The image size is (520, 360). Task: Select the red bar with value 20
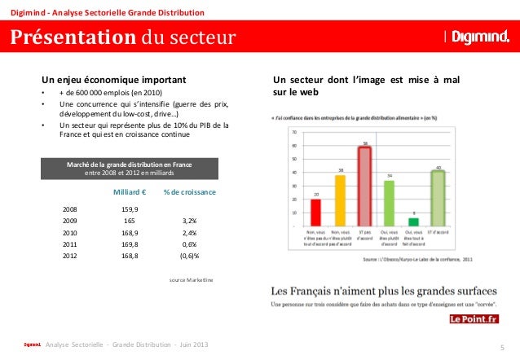(316, 212)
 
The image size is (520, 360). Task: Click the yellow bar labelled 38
(341, 200)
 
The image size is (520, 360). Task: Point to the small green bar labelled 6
(413, 221)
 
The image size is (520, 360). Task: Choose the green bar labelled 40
(438, 198)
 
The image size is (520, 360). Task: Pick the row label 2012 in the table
(70, 255)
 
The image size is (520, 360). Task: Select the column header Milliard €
(128, 191)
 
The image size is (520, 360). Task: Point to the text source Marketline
(191, 279)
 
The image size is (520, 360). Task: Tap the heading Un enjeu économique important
(114, 80)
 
